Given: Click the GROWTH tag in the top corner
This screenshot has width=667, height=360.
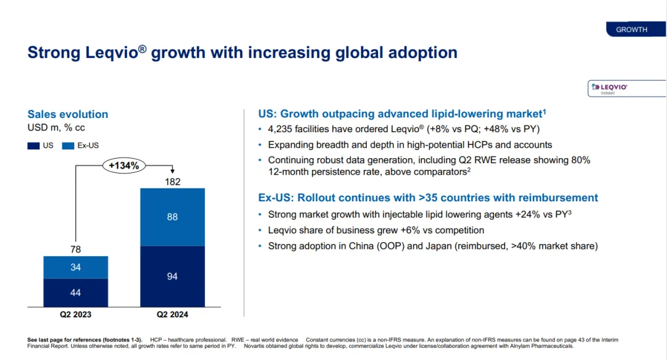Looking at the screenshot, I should click(631, 30).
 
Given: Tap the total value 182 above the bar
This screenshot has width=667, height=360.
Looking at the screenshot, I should click(172, 182).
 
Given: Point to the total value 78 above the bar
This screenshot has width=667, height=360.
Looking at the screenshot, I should click(75, 249).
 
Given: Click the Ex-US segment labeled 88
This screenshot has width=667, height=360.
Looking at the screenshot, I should click(172, 217).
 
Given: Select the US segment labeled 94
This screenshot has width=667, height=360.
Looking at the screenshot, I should click(172, 276).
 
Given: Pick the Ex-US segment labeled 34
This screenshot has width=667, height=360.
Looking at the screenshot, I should click(75, 267).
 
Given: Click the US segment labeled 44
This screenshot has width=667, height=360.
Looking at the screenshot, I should click(75, 293).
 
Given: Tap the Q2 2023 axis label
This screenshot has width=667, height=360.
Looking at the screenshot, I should click(75, 315).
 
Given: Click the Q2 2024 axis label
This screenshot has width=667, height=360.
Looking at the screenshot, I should click(172, 315).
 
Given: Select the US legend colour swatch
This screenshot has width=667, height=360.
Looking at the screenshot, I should click(33, 146).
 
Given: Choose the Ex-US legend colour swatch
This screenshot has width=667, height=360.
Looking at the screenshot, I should click(68, 146).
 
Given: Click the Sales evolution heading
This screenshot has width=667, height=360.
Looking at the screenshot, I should click(68, 114).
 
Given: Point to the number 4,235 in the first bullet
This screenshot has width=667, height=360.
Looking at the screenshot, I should click(282, 129).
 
